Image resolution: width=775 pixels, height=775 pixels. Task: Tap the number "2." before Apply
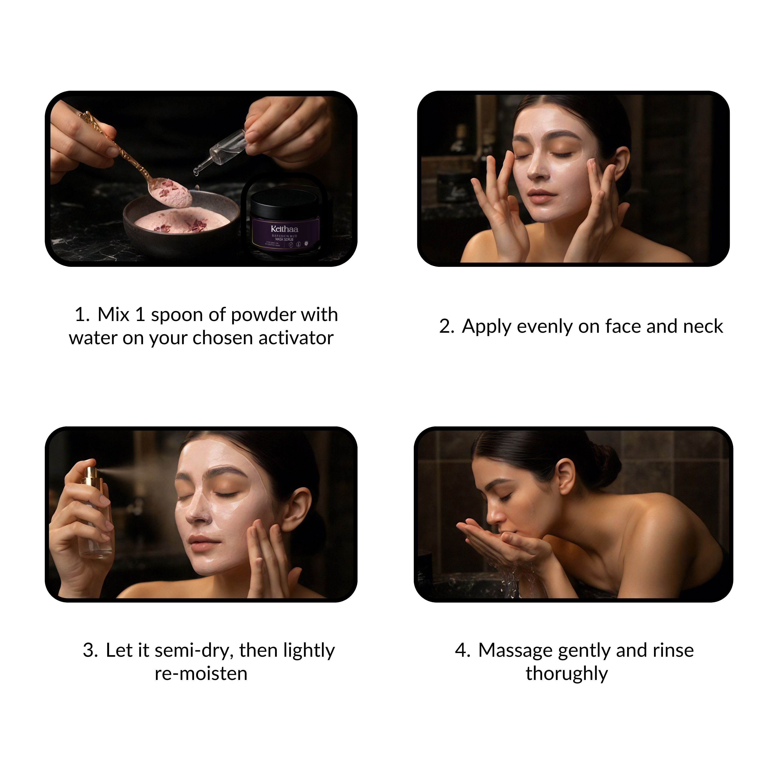click(446, 327)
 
